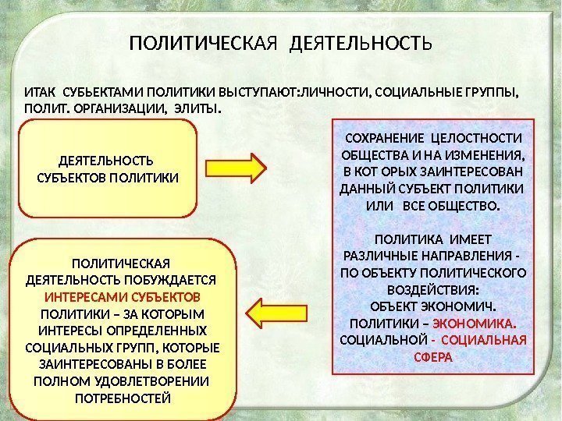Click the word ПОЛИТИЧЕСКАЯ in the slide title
click(204, 41)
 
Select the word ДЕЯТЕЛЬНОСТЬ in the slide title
click(360, 41)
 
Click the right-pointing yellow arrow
click(237, 166)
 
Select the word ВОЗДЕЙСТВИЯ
click(432, 289)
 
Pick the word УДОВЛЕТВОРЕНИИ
click(161, 382)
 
